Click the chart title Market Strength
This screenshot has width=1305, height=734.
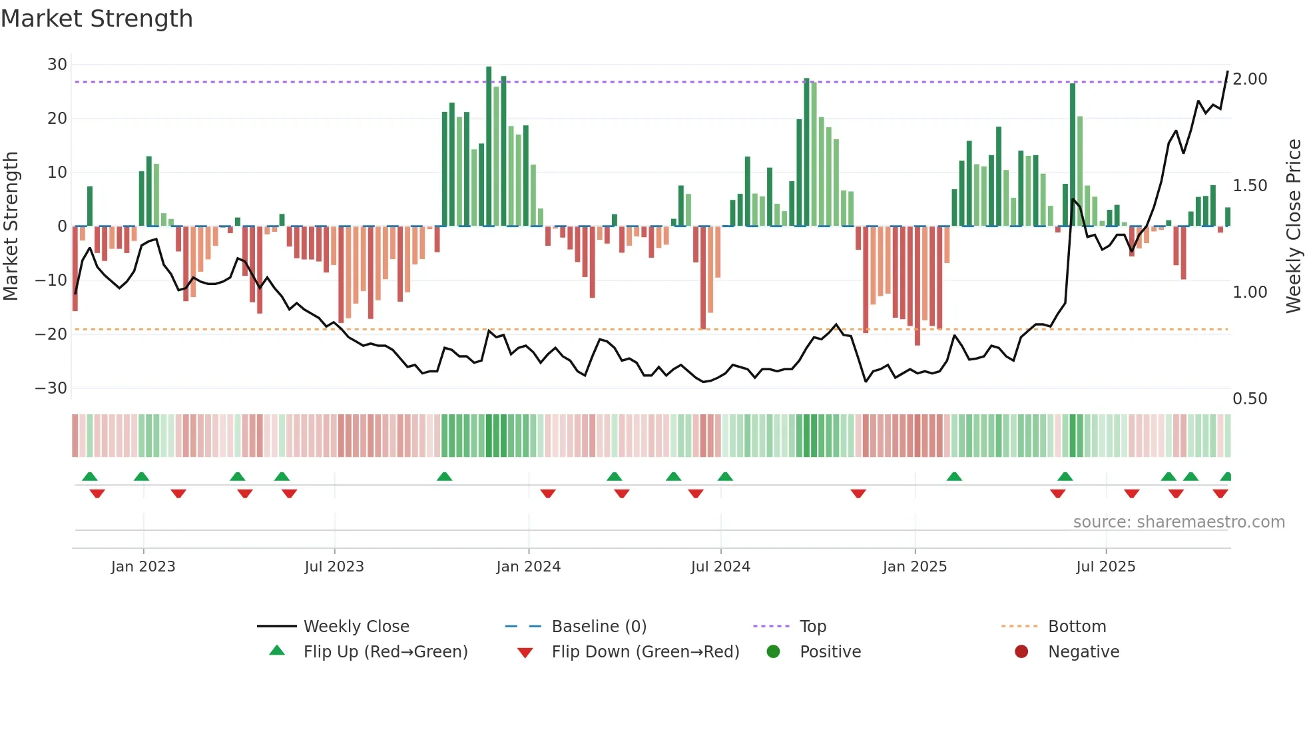(x=97, y=19)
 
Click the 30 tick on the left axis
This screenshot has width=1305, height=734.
(x=57, y=65)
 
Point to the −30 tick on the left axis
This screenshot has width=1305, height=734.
(x=51, y=388)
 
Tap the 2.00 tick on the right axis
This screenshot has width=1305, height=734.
(x=1250, y=79)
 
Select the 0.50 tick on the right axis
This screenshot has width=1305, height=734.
(x=1250, y=398)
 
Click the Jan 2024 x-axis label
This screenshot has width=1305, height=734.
(x=528, y=567)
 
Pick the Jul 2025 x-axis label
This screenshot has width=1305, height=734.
(x=1105, y=567)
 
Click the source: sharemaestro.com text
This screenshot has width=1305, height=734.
(x=1178, y=522)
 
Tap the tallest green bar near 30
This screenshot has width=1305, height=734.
(x=489, y=147)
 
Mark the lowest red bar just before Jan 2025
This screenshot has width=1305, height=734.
(x=917, y=286)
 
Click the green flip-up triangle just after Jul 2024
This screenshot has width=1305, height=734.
(x=725, y=476)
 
